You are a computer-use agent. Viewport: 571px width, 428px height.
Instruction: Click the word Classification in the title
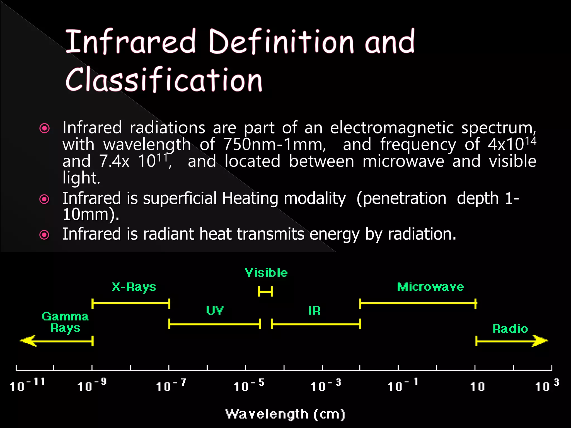tap(164, 80)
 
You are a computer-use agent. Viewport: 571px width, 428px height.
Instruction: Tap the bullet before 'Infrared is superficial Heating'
tap(44, 199)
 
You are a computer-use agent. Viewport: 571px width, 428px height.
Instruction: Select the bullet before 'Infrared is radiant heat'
tap(44, 235)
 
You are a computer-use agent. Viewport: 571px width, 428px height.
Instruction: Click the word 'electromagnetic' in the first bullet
tap(392, 128)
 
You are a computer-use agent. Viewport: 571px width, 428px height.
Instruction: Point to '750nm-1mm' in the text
tap(274, 145)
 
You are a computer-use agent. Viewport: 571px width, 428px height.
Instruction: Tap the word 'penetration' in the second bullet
tap(401, 199)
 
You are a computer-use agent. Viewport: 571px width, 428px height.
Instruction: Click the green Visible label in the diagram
tap(266, 273)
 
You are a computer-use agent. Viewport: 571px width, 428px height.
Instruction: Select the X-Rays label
tap(134, 287)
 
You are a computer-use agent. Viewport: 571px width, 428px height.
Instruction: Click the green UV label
tap(215, 310)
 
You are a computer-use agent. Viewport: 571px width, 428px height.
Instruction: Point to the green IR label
tap(314, 311)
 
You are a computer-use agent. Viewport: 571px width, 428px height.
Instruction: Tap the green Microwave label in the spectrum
tap(430, 287)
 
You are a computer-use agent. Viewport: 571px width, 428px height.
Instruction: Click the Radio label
tap(510, 329)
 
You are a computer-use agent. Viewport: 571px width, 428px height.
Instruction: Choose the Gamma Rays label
tap(65, 322)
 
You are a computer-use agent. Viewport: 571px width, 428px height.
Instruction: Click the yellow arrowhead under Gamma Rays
tap(28, 341)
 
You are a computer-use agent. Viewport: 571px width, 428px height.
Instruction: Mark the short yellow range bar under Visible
tap(265, 292)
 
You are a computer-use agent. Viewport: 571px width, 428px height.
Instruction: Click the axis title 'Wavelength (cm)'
tap(285, 414)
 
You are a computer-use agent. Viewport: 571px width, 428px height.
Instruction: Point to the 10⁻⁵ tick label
tap(248, 386)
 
